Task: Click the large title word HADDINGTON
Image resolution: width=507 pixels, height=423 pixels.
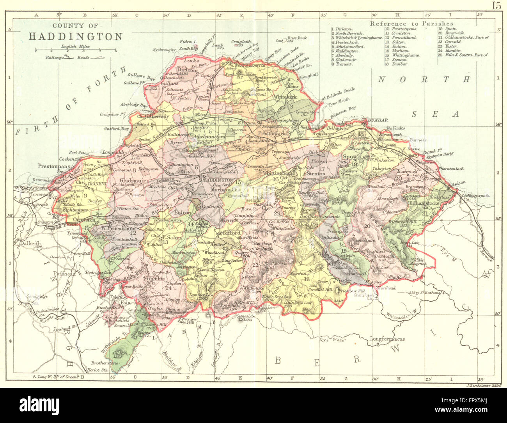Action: pyautogui.click(x=76, y=37)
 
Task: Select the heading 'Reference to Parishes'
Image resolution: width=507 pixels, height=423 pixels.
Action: pyautogui.click(x=412, y=24)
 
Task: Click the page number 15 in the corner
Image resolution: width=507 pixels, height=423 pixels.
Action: pyautogui.click(x=496, y=5)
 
